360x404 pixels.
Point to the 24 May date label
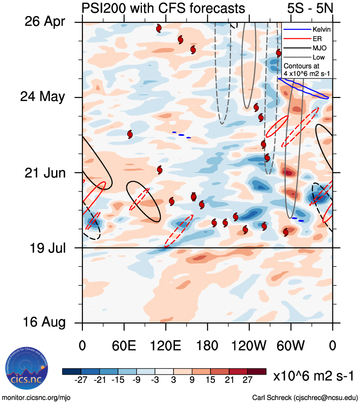click(x=42, y=97)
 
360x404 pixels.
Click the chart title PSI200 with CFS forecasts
click(x=163, y=8)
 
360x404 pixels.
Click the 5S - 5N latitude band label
click(x=311, y=8)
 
